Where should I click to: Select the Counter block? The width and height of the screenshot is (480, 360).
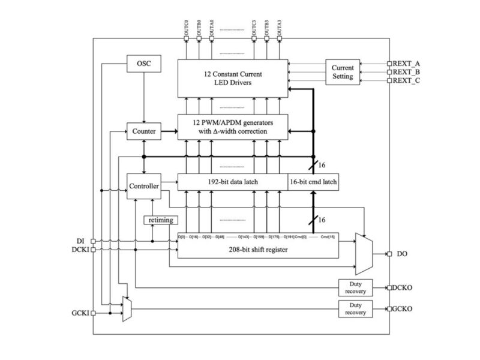tap(143, 130)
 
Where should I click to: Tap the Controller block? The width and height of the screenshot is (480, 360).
tap(143, 187)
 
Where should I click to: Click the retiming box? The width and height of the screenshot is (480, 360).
tap(160, 220)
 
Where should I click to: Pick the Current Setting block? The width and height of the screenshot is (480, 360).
tap(343, 72)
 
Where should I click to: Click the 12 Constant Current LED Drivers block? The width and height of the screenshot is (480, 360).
tap(233, 78)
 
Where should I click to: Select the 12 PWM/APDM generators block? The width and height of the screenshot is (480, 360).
tap(233, 127)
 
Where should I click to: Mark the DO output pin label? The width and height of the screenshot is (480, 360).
tap(402, 254)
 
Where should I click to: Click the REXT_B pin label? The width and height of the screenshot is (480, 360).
tap(407, 71)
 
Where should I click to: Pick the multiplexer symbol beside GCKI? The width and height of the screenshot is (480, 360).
tap(127, 308)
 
